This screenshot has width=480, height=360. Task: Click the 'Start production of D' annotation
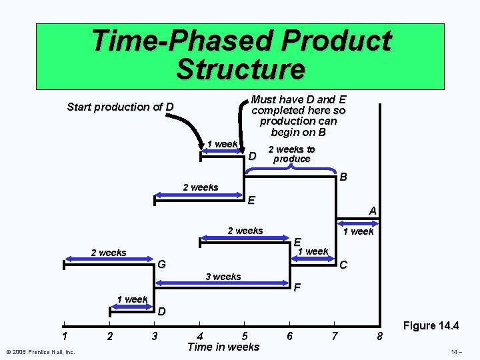(x=121, y=107)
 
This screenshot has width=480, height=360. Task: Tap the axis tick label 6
(x=289, y=336)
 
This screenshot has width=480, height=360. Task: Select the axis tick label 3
(x=155, y=336)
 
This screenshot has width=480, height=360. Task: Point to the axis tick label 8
(x=379, y=336)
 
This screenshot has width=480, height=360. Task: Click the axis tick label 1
(x=64, y=336)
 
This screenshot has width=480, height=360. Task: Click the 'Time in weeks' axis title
(x=223, y=347)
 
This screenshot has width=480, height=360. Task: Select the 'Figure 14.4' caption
(x=431, y=326)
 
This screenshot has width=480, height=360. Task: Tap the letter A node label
(x=373, y=211)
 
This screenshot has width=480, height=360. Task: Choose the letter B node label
(x=343, y=178)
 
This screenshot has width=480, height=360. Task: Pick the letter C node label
(x=343, y=265)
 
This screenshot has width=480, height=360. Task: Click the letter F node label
(x=297, y=289)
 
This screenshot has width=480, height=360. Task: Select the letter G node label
(x=161, y=265)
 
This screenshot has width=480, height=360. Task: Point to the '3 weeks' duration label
(x=223, y=277)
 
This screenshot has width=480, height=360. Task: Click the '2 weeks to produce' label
(x=291, y=154)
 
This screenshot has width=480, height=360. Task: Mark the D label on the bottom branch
(x=162, y=311)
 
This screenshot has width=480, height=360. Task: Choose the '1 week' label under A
(x=359, y=231)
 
